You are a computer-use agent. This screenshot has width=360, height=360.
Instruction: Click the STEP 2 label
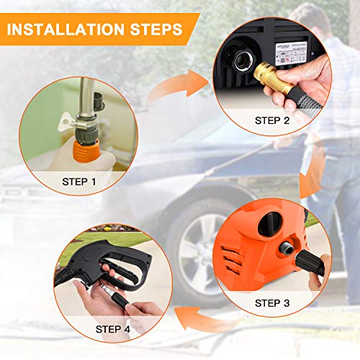pos(271,121)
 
